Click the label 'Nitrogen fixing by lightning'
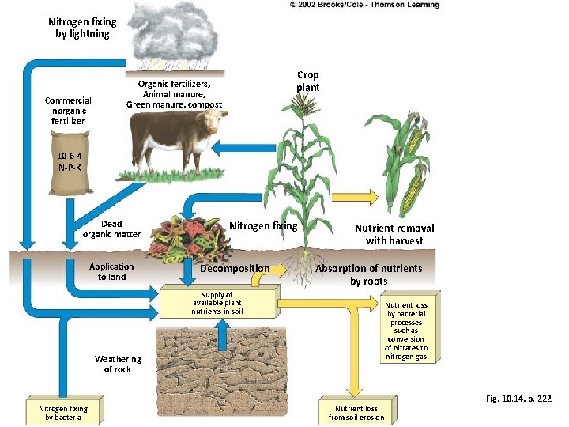(82, 28)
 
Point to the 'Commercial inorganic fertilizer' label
(68, 111)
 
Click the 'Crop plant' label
(308, 81)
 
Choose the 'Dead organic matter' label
(111, 229)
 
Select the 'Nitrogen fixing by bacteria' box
(63, 412)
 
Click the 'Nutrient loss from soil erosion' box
(356, 412)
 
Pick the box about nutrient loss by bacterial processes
(406, 331)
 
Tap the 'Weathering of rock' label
(118, 364)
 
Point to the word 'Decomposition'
(235, 269)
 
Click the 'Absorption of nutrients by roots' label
(369, 274)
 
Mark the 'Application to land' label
(111, 271)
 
